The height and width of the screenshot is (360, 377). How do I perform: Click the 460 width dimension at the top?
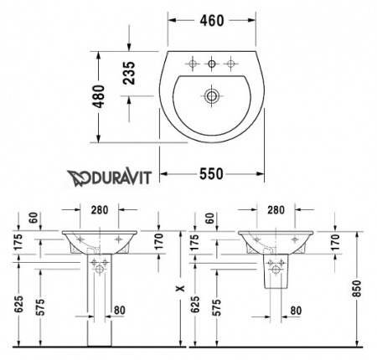[213, 19]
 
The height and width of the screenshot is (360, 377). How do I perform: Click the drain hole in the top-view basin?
[212, 96]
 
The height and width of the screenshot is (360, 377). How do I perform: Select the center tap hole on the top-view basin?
[213, 64]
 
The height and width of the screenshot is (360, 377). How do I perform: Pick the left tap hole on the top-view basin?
[193, 64]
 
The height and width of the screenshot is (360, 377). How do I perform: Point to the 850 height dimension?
[359, 290]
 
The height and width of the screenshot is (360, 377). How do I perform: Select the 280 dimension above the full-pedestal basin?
[101, 210]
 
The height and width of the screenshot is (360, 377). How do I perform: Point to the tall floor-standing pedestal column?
[101, 310]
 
